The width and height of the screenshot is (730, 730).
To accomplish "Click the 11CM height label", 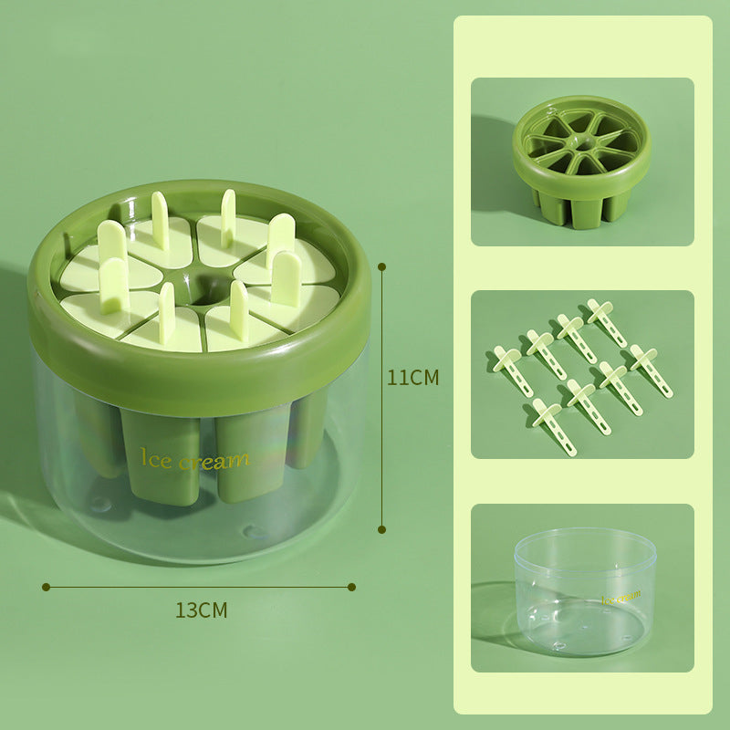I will (x=412, y=377).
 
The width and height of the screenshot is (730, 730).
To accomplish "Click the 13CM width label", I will (x=201, y=610).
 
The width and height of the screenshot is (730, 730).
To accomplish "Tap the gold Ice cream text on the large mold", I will (x=193, y=459).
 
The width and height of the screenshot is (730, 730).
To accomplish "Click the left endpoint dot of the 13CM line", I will (x=45, y=587).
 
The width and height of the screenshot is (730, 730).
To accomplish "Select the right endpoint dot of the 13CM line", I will (x=353, y=587).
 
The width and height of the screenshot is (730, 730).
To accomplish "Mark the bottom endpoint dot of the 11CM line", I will (x=382, y=528).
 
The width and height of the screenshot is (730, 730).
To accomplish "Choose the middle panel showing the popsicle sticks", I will (x=582, y=374).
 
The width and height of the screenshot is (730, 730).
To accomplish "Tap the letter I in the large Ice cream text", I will (x=142, y=456).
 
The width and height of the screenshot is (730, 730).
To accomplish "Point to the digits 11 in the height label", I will (x=397, y=377).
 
